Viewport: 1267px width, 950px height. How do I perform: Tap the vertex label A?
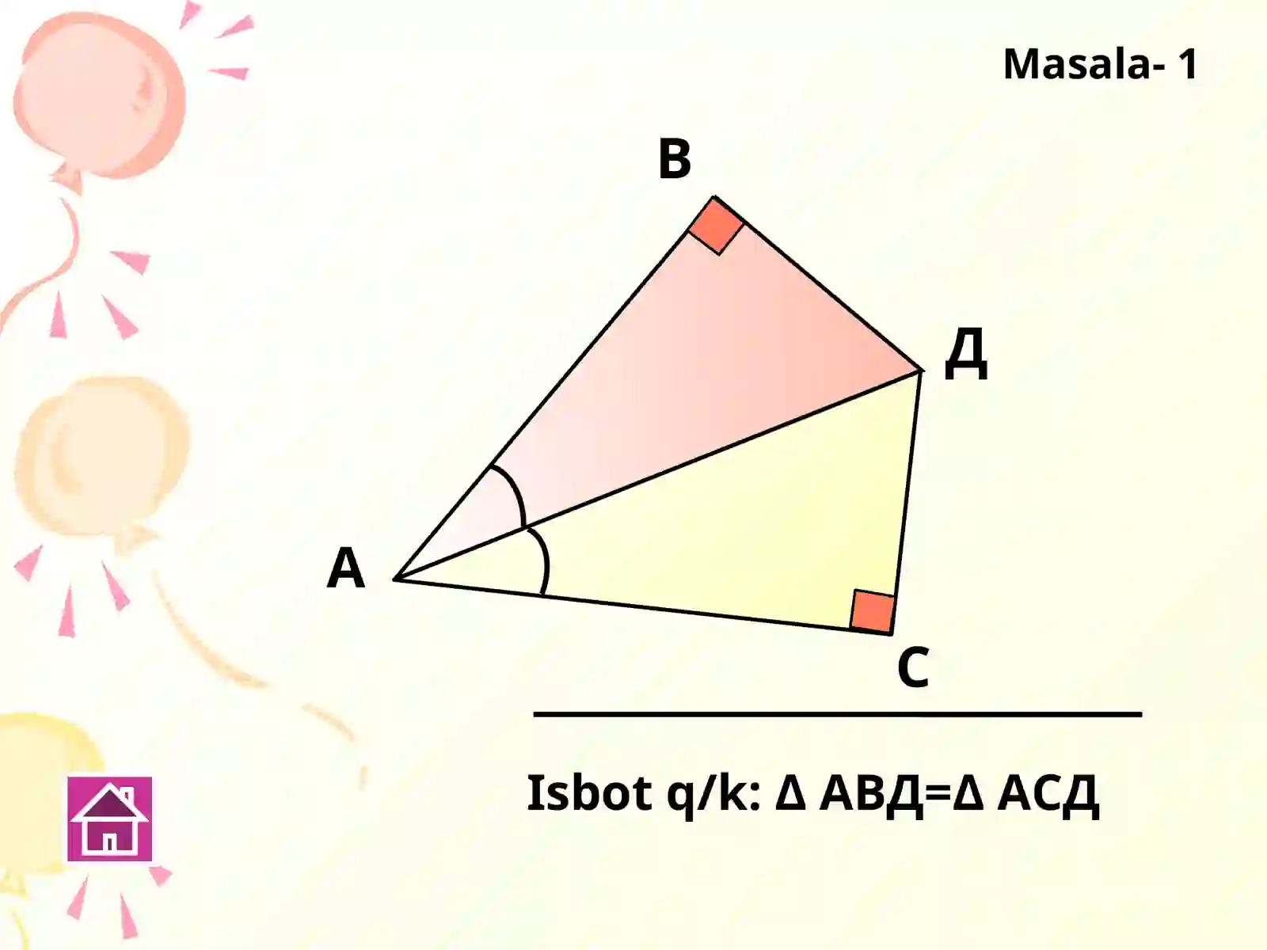[x=346, y=568]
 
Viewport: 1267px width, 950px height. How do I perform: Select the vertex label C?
[x=912, y=667]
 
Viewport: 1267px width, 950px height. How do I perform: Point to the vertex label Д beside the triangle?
[x=965, y=354]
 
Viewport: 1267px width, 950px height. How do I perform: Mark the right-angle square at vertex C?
[x=872, y=611]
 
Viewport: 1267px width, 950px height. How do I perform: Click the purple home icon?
[x=109, y=819]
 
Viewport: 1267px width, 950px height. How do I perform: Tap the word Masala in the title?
[x=1076, y=64]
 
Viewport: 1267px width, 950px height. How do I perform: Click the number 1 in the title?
[x=1187, y=64]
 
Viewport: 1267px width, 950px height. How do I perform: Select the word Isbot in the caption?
[x=589, y=793]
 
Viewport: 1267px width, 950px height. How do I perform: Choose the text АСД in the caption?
[x=1048, y=796]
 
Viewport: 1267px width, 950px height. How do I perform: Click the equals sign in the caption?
[x=938, y=795]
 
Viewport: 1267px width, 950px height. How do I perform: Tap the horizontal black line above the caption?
[x=838, y=714]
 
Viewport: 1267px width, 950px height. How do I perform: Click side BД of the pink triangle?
[x=817, y=283]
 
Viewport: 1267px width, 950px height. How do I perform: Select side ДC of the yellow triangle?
[x=906, y=503]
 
